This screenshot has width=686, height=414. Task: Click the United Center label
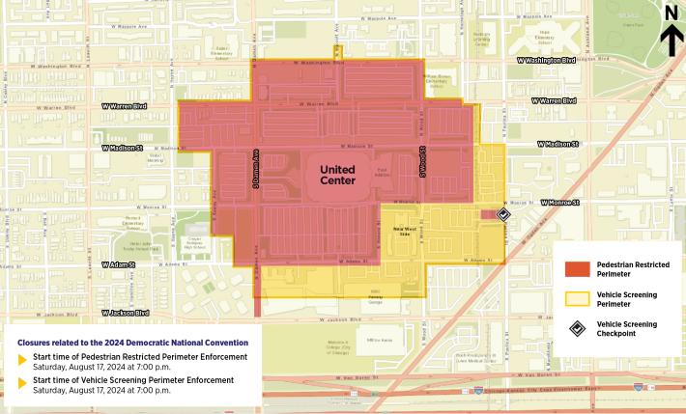click(337, 175)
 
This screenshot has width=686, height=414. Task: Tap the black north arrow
click(671, 41)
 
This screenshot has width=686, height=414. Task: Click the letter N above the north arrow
click(671, 12)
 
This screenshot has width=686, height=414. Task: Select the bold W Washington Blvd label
click(546, 60)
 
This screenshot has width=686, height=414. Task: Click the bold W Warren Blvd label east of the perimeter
click(555, 100)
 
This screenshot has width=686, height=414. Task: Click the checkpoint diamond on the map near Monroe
click(503, 214)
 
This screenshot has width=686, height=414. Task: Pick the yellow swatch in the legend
click(577, 298)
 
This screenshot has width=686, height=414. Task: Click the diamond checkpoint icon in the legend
click(577, 329)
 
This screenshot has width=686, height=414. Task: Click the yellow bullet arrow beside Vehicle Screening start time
click(23, 386)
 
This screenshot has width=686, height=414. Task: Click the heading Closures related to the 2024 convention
click(133, 343)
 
